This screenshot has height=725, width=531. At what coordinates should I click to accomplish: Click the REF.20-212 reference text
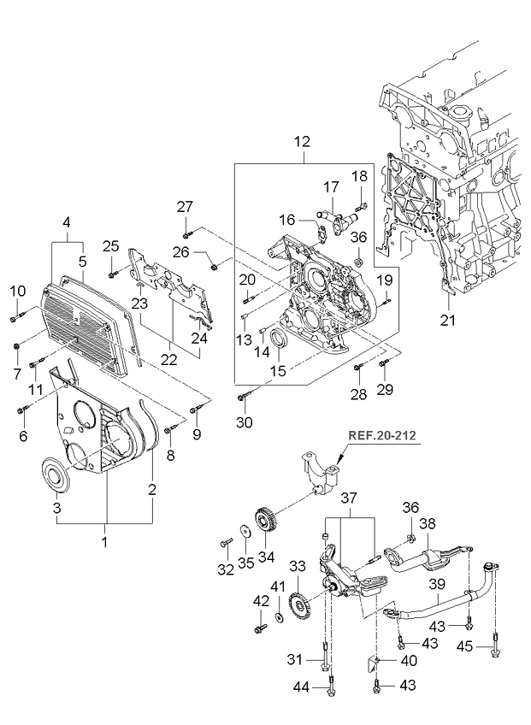[381, 435]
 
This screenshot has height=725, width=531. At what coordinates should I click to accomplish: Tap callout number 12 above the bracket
[302, 141]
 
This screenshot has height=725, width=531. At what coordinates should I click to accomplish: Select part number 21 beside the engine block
[448, 320]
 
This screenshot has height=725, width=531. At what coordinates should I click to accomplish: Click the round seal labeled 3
[57, 474]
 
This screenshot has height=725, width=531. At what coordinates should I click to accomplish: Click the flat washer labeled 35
[245, 531]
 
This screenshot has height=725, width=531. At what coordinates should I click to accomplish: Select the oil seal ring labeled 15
[280, 338]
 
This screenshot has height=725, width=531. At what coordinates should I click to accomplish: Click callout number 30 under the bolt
[245, 421]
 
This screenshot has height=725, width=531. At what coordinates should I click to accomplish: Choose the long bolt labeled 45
[495, 644]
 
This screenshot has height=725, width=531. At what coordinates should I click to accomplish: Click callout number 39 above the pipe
[437, 585]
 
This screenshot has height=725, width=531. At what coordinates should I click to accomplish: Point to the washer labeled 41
[279, 617]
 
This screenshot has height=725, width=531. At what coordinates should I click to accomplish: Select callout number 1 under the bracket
[104, 541]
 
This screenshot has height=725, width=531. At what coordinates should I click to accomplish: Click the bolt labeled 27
[186, 235]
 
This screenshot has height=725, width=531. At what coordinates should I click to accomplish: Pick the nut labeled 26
[214, 267]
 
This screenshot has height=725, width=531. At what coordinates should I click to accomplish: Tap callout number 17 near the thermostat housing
[331, 187]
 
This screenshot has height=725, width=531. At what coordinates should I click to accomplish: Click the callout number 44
[302, 687]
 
